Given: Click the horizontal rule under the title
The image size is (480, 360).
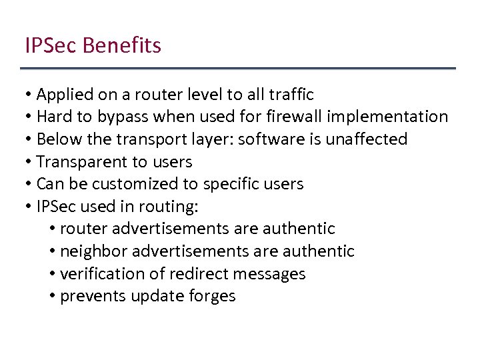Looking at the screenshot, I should click(238, 69).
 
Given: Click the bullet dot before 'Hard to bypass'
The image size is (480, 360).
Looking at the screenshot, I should click(29, 117).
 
